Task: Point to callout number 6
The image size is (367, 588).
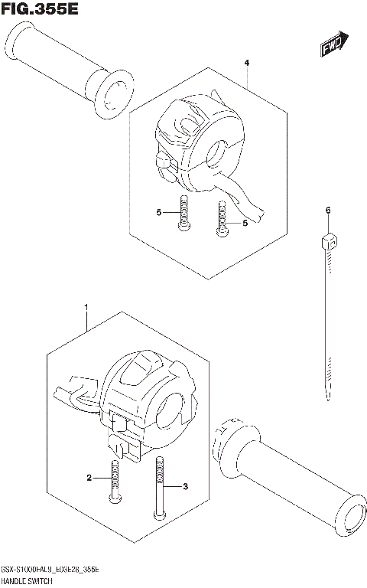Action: pos(327,210)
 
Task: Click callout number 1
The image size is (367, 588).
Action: pos(86,308)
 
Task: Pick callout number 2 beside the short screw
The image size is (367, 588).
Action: pos(89,478)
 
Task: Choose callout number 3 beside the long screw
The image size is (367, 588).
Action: pos(184,485)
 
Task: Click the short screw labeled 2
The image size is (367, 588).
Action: pos(114,482)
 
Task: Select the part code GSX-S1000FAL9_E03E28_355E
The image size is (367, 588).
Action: pos(64,571)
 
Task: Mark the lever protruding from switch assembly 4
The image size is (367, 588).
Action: pos(246,198)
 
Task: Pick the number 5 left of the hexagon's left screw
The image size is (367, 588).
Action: pos(159,212)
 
